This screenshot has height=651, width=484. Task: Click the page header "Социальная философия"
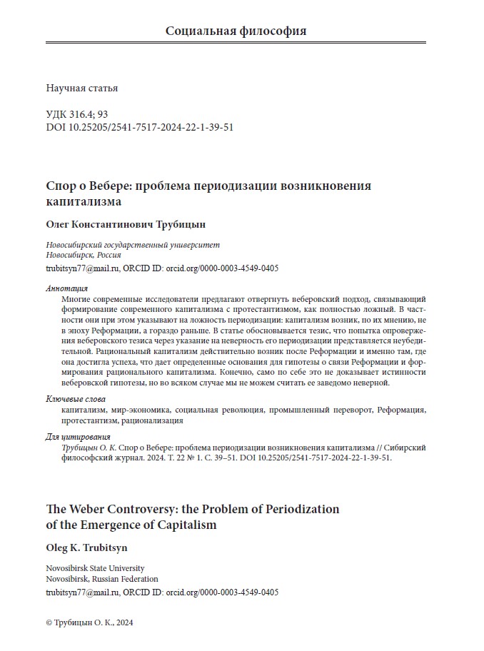[x=236, y=31]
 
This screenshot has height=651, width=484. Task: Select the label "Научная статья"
[x=81, y=89]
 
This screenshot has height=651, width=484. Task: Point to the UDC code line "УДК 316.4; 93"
[x=76, y=115]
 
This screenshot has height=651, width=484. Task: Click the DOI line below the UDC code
[x=139, y=128]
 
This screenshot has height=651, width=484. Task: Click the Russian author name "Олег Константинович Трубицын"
[x=135, y=224]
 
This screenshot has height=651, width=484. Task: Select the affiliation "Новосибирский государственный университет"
[x=133, y=245]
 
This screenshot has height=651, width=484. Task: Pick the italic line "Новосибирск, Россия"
[x=83, y=256]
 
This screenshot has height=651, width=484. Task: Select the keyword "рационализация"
[x=152, y=420]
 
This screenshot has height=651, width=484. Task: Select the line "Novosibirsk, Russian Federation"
[x=102, y=579]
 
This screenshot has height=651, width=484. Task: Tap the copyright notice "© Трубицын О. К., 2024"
[x=89, y=622]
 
